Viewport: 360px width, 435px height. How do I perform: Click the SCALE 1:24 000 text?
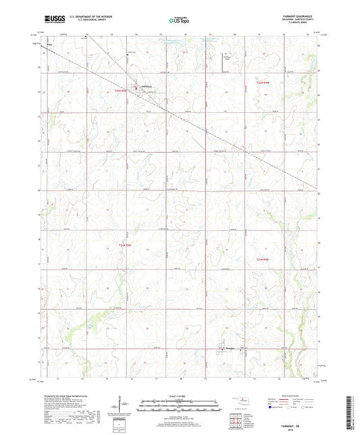click(x=180, y=395)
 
